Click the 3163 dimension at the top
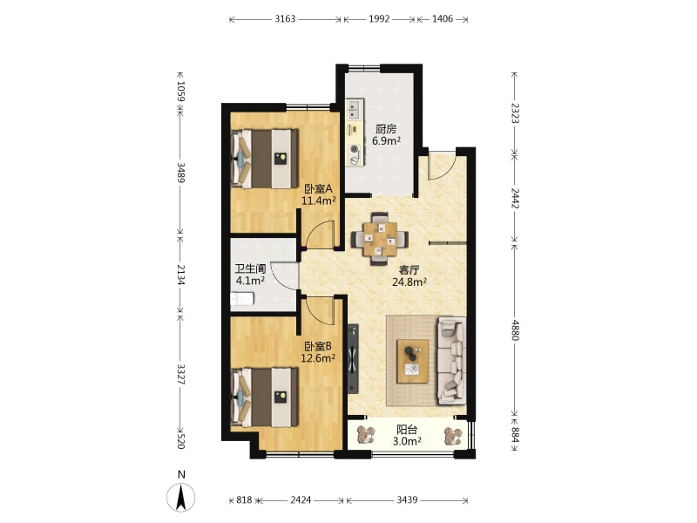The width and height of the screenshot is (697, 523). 285,18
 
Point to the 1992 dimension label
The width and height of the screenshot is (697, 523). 379,18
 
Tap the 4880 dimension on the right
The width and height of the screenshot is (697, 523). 515,330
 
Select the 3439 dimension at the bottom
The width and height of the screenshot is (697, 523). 407,499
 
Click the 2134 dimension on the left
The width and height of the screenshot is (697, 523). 181,275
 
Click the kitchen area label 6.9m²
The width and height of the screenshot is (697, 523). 386,141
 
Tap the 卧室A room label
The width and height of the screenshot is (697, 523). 318,189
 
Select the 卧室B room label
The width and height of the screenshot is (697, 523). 318,346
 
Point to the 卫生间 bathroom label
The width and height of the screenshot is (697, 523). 250,268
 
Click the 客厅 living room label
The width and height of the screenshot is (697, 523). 409,269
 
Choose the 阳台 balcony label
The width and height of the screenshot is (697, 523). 407,430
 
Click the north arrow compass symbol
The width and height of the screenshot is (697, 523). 181,497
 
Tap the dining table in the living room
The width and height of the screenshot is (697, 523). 380,239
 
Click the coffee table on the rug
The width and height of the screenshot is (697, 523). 413,361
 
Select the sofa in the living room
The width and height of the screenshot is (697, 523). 451,361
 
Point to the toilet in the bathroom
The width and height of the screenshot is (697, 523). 242,299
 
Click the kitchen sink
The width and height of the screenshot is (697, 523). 354,110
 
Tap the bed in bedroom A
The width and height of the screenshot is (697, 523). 265,159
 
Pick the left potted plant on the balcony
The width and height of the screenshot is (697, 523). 367,435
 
